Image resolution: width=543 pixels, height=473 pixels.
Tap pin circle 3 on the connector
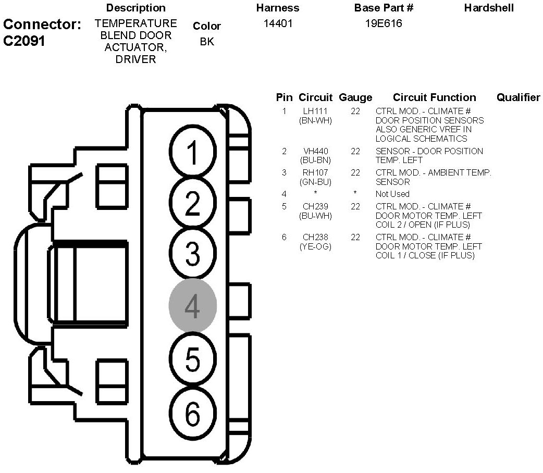pos(192,254)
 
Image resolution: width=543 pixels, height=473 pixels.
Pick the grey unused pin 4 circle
pos(192,306)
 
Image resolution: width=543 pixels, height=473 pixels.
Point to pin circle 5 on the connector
pos(192,359)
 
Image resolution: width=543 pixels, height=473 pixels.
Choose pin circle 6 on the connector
pos(192,414)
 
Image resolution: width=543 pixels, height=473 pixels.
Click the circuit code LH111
pos(315,111)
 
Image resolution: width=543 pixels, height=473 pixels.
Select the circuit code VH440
pos(315,151)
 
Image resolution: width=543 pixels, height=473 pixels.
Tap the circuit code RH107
pos(315,172)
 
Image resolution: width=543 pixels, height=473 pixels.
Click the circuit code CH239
pos(315,206)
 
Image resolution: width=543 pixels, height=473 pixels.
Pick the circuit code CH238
pos(315,237)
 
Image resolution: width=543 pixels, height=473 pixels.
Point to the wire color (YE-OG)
pos(315,246)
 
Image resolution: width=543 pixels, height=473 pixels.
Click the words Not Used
pos(392,194)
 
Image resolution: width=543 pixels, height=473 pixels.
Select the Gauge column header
pos(355,97)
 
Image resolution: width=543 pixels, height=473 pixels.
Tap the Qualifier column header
pos(518,97)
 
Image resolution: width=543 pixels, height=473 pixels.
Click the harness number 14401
pos(277,23)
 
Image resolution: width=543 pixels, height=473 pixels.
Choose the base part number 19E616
pos(384,23)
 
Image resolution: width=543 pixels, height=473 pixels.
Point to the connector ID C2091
pos(24,42)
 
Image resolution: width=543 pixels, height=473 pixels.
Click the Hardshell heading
pos(489,8)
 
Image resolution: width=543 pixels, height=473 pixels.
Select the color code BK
pos(207,42)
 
